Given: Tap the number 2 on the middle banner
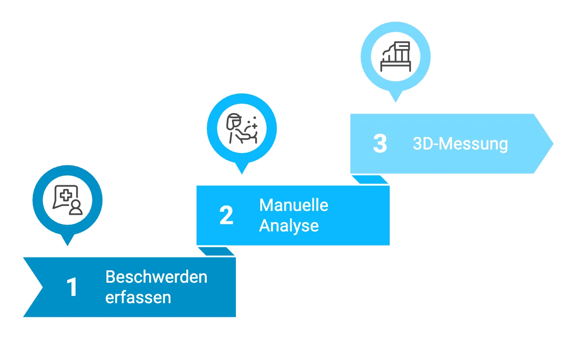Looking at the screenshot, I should point(226,216).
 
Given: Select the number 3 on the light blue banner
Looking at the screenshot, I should point(379,144).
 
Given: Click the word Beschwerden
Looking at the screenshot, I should point(156,277).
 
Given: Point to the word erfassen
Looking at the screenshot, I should point(138,297).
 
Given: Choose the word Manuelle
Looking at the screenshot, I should point(294,205).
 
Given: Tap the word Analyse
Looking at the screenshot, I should point(289,225).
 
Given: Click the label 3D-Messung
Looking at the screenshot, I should point(460,144).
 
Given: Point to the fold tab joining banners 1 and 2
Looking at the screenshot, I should point(217,252).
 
